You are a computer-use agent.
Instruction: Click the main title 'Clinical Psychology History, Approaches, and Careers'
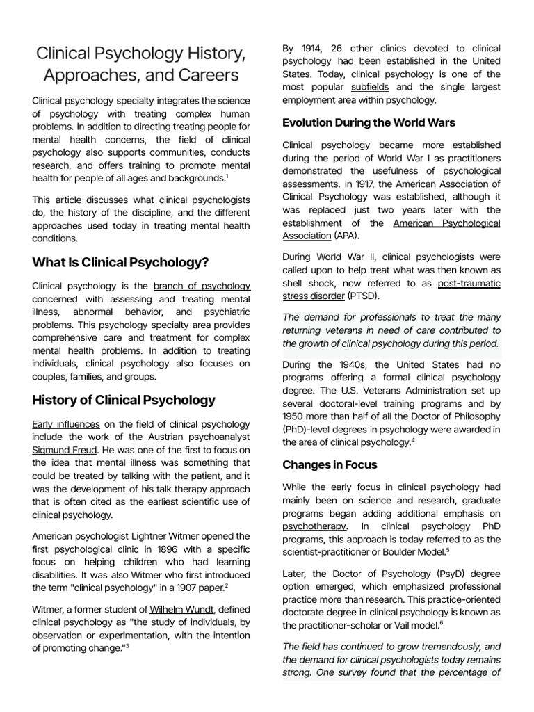141,63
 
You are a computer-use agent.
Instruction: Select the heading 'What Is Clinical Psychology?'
120,262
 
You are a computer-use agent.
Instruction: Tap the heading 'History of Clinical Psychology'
124,400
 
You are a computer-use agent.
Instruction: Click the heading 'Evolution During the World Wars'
369,122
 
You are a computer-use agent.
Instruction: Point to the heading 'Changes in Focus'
330,464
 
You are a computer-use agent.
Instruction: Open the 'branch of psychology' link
202,286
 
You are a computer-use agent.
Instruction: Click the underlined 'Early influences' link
66,423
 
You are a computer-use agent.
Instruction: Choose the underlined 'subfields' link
370,88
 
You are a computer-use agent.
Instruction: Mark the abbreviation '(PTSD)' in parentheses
366,296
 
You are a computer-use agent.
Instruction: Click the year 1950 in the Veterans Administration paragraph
295,416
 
